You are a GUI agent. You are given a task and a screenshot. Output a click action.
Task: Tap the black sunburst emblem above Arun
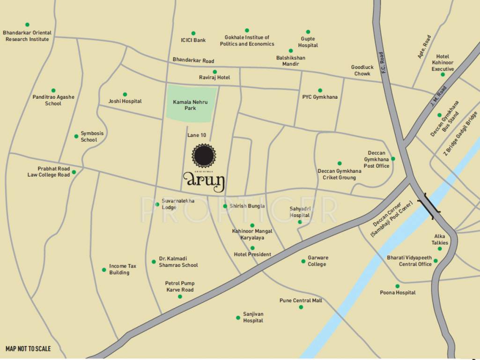point(204,156)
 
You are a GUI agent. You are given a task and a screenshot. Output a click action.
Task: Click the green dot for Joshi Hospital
point(125,94)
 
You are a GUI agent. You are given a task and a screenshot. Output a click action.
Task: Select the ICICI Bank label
point(193,40)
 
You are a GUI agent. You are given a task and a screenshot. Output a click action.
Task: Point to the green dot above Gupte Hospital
point(308,32)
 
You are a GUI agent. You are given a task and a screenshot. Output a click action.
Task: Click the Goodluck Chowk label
point(362,70)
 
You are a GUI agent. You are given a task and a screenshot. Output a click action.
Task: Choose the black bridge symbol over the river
point(429,205)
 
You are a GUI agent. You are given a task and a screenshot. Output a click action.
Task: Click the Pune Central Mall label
point(301,300)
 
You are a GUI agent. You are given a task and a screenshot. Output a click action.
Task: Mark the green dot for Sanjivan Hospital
point(238,318)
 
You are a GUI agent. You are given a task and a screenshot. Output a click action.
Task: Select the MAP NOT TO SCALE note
point(28,349)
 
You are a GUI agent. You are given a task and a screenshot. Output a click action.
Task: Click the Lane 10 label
point(197,135)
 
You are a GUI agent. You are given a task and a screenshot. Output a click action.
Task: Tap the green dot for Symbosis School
point(76,136)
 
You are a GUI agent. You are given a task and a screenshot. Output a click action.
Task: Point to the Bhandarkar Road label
point(193,60)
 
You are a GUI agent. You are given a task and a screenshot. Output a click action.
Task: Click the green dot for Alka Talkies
point(440,248)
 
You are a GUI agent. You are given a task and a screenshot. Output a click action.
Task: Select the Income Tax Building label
point(123,269)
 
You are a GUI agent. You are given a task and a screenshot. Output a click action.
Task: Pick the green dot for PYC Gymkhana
point(320,90)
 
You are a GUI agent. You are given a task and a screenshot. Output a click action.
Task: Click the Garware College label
point(318,261)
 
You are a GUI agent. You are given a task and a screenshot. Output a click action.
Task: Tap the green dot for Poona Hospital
point(397,286)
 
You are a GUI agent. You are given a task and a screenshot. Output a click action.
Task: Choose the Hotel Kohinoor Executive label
point(443,63)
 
